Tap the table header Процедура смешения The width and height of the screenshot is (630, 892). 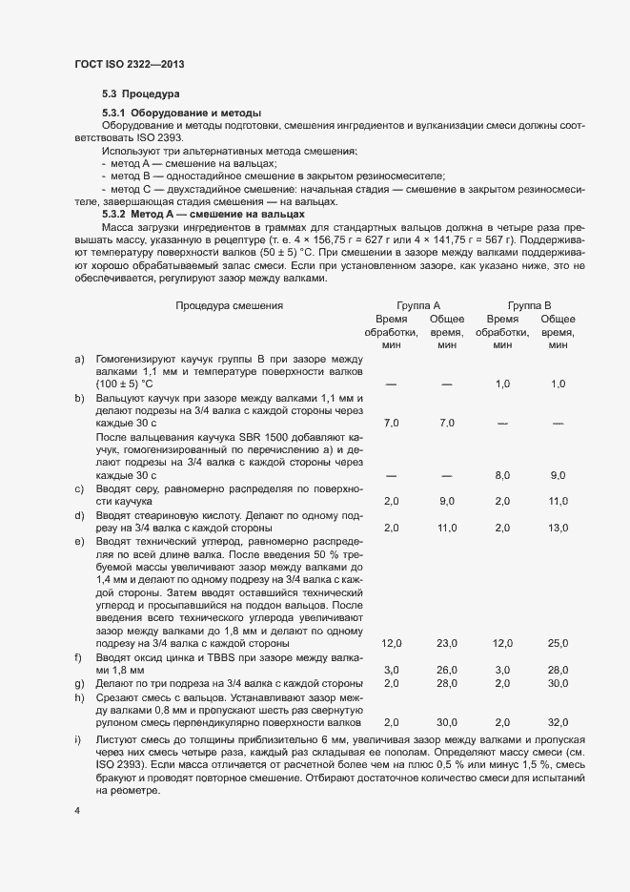pyautogui.click(x=230, y=305)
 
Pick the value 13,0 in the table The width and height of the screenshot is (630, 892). pyautogui.click(x=558, y=528)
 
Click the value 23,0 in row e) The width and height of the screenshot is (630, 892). pyautogui.click(x=447, y=644)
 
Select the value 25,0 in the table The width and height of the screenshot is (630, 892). pyautogui.click(x=558, y=644)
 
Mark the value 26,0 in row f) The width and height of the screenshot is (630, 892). pyautogui.click(x=447, y=671)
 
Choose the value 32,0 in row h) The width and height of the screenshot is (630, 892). pyautogui.click(x=558, y=722)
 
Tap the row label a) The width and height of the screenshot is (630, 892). pyautogui.click(x=80, y=358)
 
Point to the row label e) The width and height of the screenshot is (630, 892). pyautogui.click(x=80, y=540)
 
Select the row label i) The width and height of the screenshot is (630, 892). pyautogui.click(x=79, y=740)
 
